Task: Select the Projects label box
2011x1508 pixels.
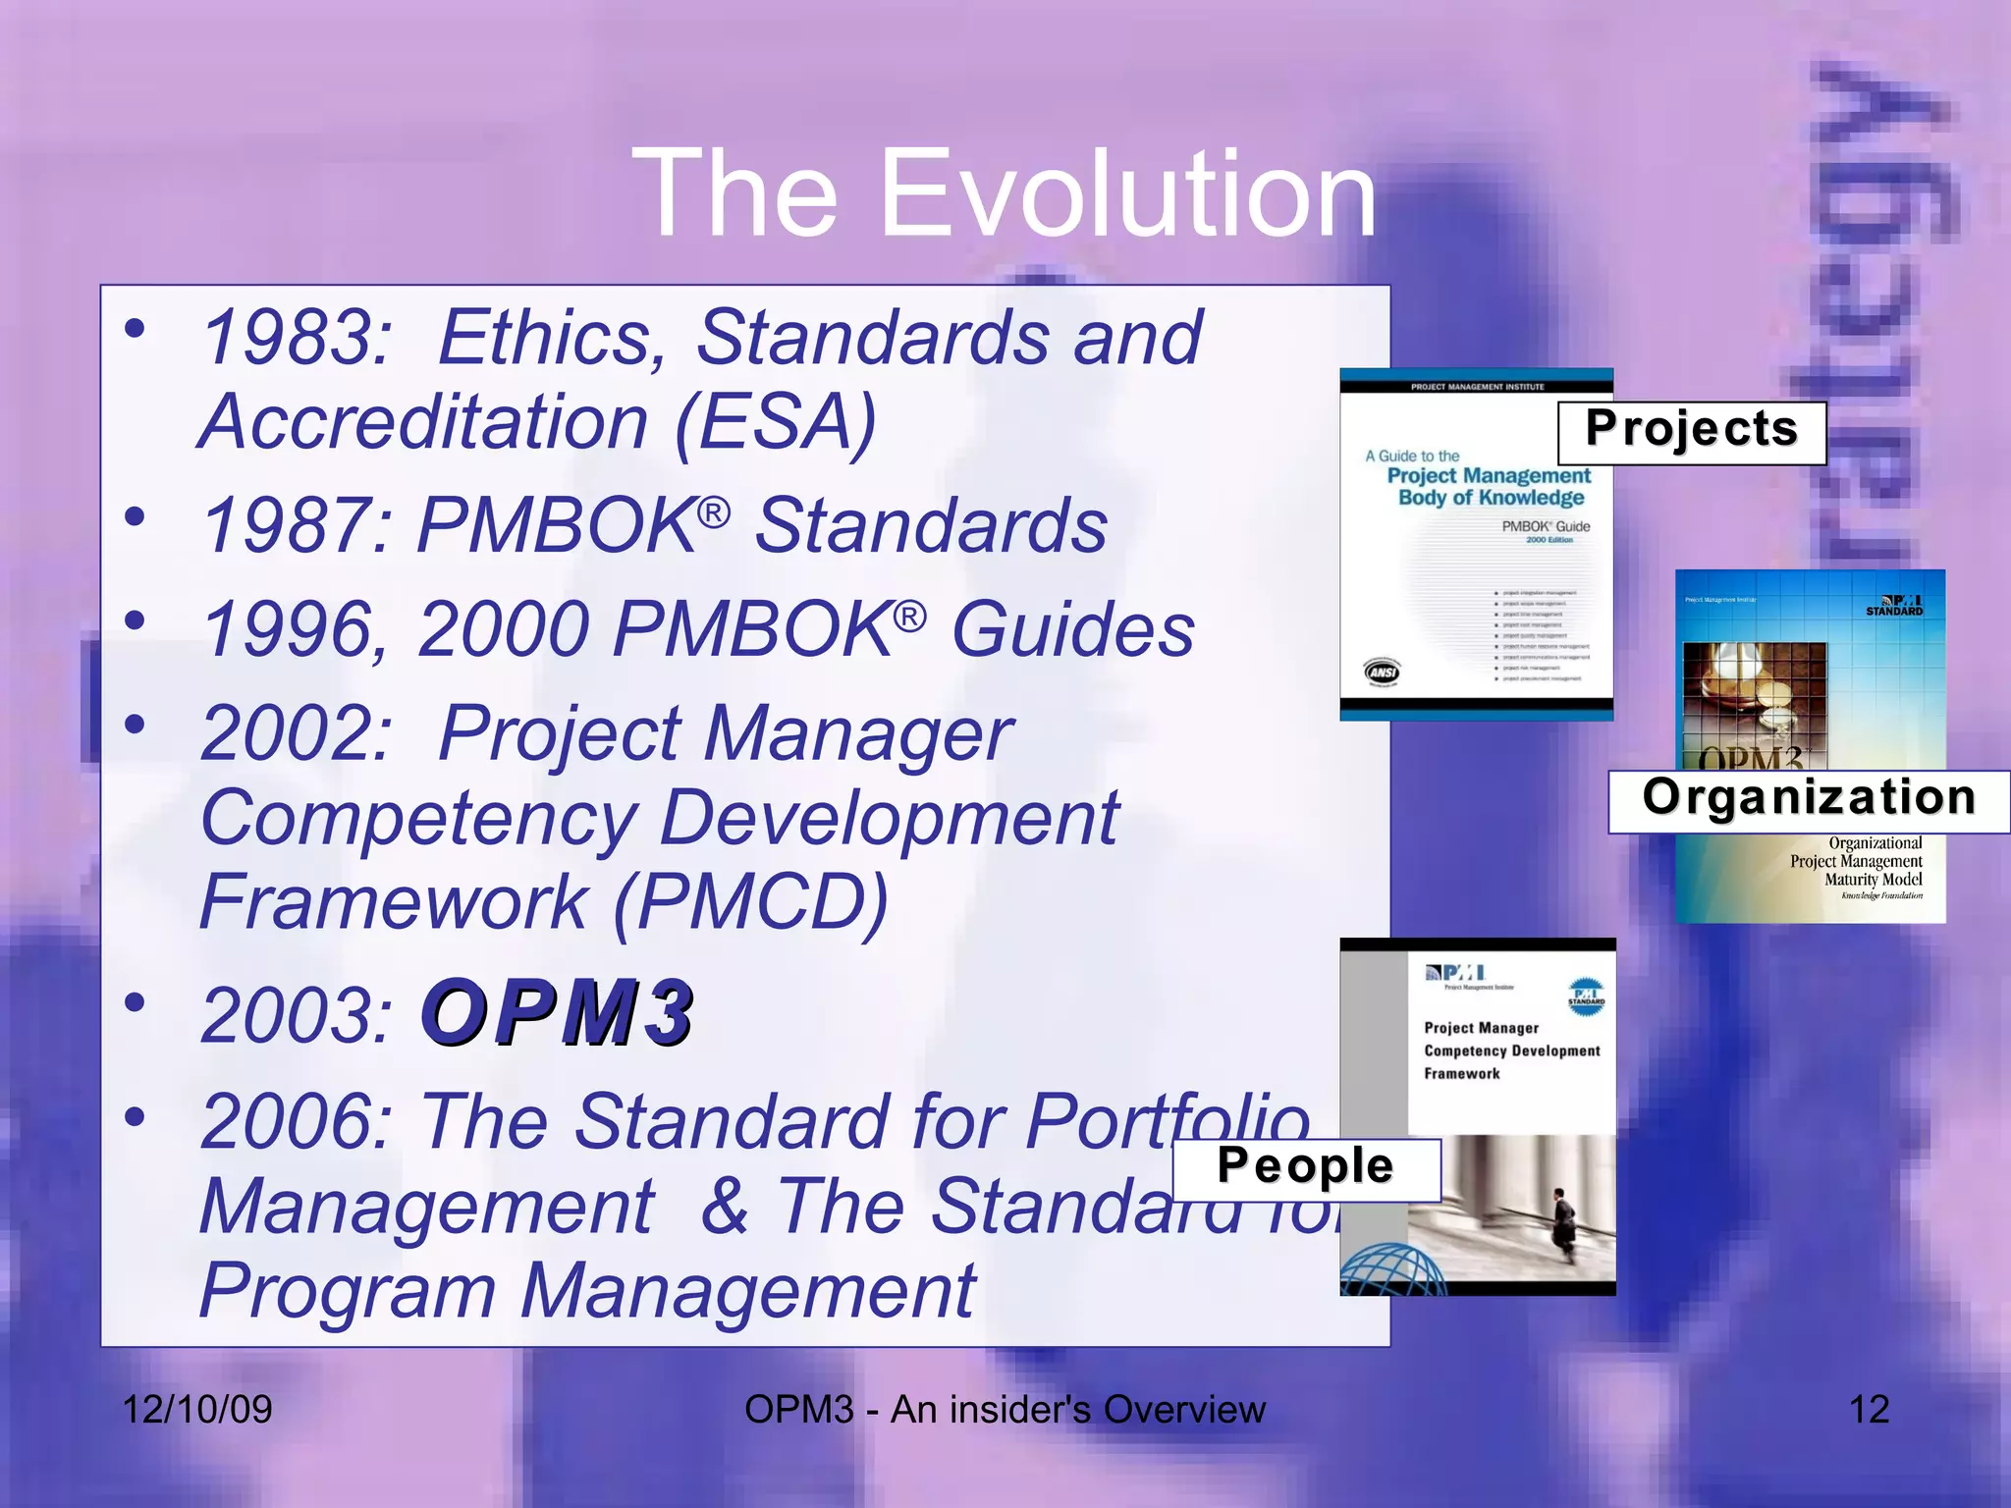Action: pos(1691,432)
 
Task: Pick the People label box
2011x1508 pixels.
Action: pos(1306,1169)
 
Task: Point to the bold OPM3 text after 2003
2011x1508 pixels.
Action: pos(558,1013)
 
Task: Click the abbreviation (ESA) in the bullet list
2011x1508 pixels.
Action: pos(775,422)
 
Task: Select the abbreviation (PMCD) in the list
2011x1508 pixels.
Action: pos(750,902)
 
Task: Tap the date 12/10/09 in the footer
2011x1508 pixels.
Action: pos(196,1410)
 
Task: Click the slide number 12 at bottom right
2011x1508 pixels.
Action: pos(1869,1410)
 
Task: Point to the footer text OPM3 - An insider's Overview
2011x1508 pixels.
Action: pos(1005,1410)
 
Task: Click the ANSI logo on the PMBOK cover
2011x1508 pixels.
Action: pos(1384,673)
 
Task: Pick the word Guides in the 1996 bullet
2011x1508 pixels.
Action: pos(1073,630)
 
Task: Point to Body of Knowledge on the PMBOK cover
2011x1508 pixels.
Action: pos(1491,498)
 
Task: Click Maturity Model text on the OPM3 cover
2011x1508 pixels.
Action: pos(1873,880)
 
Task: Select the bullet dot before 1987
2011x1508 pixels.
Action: pos(136,515)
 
